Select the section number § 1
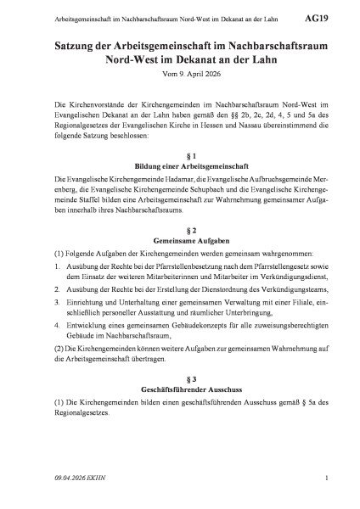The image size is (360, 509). click(179, 156)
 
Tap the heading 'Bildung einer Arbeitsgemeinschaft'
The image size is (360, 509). click(179, 167)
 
